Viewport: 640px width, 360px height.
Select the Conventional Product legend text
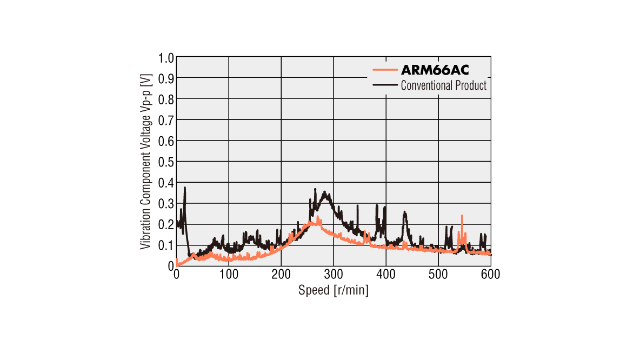tap(443, 85)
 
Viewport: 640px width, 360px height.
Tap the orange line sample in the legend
tap(385, 70)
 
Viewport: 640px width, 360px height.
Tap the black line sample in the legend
tap(385, 85)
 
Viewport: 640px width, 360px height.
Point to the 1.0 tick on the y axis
tap(166, 57)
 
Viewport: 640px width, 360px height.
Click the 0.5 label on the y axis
tap(166, 162)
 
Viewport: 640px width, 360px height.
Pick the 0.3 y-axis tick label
tap(166, 203)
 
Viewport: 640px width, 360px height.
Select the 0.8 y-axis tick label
tap(166, 99)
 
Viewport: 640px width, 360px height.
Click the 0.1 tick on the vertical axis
tap(166, 245)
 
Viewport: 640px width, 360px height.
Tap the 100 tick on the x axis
tap(229, 275)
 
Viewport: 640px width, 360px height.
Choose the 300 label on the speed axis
tap(334, 275)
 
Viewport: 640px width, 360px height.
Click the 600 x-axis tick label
tap(490, 275)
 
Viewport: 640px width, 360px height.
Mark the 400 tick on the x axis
tap(386, 275)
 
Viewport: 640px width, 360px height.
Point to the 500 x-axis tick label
tap(438, 275)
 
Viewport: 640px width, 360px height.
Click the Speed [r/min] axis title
tap(334, 290)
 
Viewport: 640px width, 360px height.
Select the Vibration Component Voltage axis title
tap(145, 162)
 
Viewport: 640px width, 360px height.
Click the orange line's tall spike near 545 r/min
tap(462, 216)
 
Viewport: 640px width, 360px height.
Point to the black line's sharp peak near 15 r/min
tap(185, 188)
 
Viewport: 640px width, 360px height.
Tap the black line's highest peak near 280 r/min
tap(324, 192)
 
